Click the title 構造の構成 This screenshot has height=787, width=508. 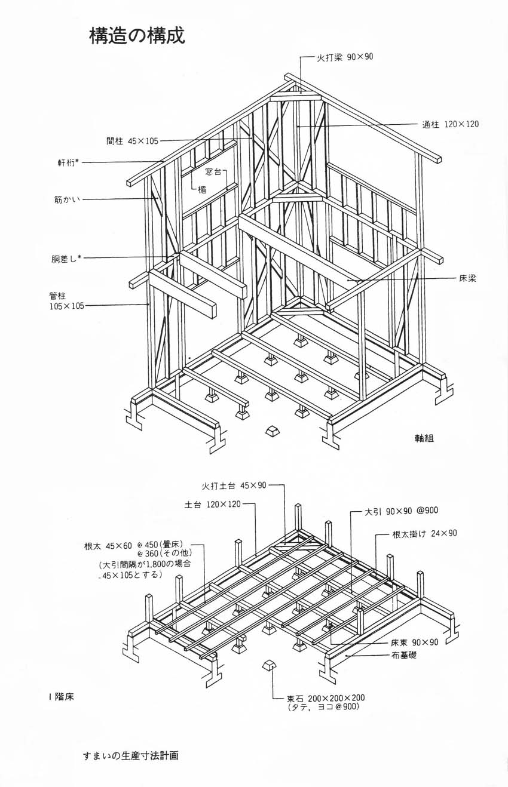pos(137,36)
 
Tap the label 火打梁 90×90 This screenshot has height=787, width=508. pos(345,57)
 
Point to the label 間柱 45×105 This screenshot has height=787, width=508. pos(132,141)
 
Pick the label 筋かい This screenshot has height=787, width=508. pos(66,199)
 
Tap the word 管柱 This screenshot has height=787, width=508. pos(58,295)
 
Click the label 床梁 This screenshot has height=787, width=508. pos(468,278)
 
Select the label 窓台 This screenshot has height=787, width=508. pos(213,172)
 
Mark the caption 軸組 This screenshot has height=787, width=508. pos(424,438)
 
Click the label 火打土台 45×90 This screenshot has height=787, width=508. pos(234,485)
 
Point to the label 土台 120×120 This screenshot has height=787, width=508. pos(212,505)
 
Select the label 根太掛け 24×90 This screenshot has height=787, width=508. pos(424,533)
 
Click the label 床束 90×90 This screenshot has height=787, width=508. pos(415,642)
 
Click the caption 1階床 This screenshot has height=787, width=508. pos(61,696)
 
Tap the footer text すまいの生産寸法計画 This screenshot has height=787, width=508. pos(131,755)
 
